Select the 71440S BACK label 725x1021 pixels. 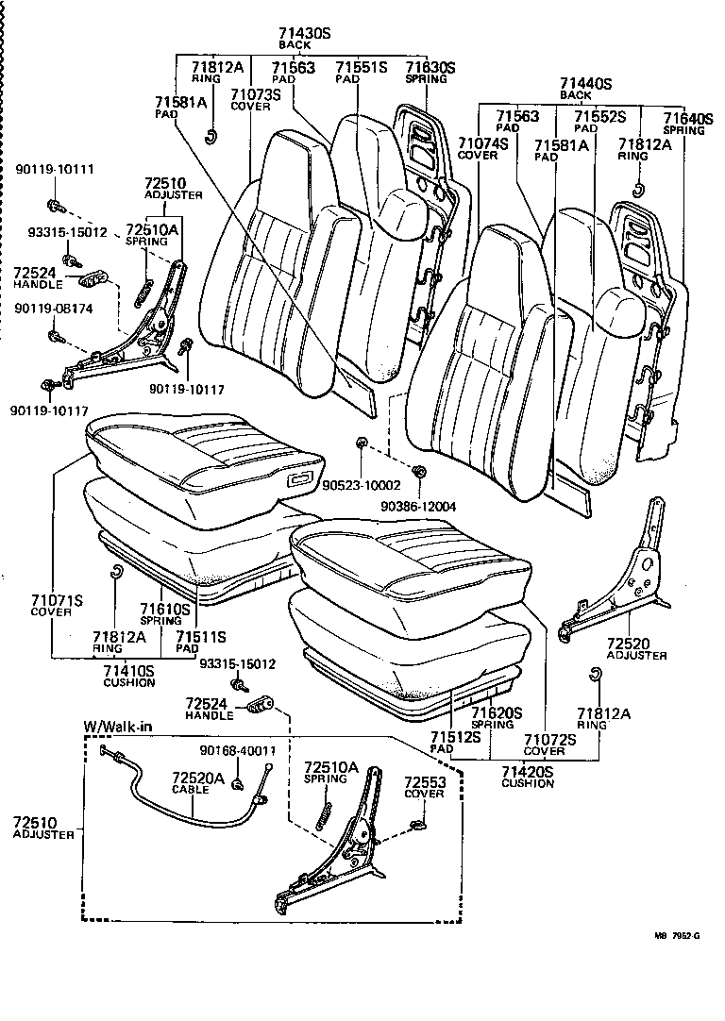[x=585, y=84]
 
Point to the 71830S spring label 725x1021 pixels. [x=430, y=67]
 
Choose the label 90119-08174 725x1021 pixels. [x=55, y=306]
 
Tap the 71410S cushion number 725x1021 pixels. [x=129, y=670]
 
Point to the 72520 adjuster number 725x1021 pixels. [x=635, y=643]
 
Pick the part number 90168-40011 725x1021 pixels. [x=237, y=751]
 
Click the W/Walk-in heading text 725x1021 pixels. [x=117, y=726]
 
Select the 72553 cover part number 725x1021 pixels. [x=423, y=782]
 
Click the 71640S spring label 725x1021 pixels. [x=687, y=118]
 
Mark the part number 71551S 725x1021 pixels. [x=362, y=67]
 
